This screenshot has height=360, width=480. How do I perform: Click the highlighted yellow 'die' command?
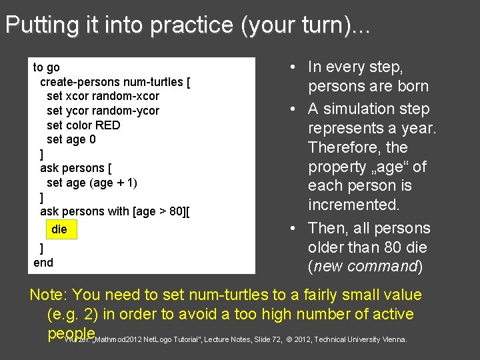(x=59, y=229)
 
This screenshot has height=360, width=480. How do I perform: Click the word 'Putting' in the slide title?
(x=31, y=25)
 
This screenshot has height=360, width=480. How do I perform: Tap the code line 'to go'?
(x=47, y=67)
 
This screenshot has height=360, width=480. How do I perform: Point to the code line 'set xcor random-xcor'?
(x=103, y=96)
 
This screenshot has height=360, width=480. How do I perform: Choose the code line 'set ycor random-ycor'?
(x=103, y=111)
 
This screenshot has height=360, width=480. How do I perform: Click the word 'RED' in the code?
(x=109, y=125)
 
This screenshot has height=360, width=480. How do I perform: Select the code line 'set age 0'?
(x=71, y=139)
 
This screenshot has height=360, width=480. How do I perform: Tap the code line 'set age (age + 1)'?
(x=92, y=183)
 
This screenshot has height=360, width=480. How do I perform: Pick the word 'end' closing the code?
(x=43, y=263)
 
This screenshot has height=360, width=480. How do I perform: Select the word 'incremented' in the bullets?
(x=353, y=205)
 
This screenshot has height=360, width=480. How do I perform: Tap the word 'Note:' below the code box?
(x=48, y=295)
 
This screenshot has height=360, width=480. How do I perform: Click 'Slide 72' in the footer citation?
(x=267, y=340)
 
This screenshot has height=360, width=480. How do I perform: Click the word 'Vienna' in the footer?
(x=393, y=340)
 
